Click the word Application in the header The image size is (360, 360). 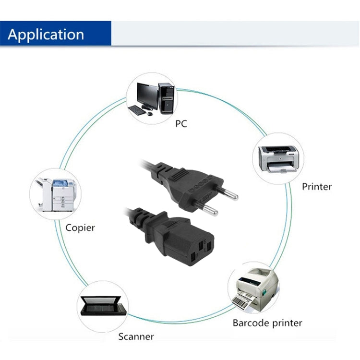(x=46, y=35)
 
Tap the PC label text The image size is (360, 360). (x=180, y=124)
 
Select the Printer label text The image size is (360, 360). (x=316, y=186)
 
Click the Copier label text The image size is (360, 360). (x=80, y=228)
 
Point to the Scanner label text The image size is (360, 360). (x=136, y=336)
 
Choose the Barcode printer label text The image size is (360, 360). (x=267, y=323)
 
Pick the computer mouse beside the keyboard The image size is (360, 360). (x=150, y=114)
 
